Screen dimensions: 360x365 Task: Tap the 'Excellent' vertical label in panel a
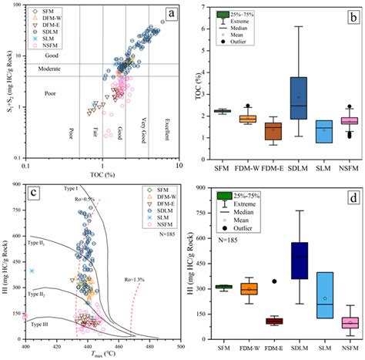(x=166, y=130)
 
